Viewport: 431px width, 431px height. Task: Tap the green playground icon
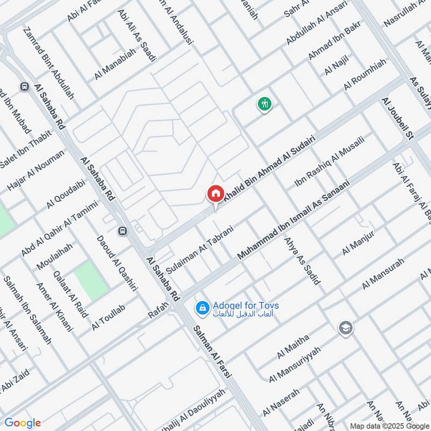coord(264,103)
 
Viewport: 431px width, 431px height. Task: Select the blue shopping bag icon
coord(202,308)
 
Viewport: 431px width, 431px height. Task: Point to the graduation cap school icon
coord(345,328)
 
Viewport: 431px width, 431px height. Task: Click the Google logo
coord(23,423)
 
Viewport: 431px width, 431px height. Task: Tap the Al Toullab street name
coord(108,317)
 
